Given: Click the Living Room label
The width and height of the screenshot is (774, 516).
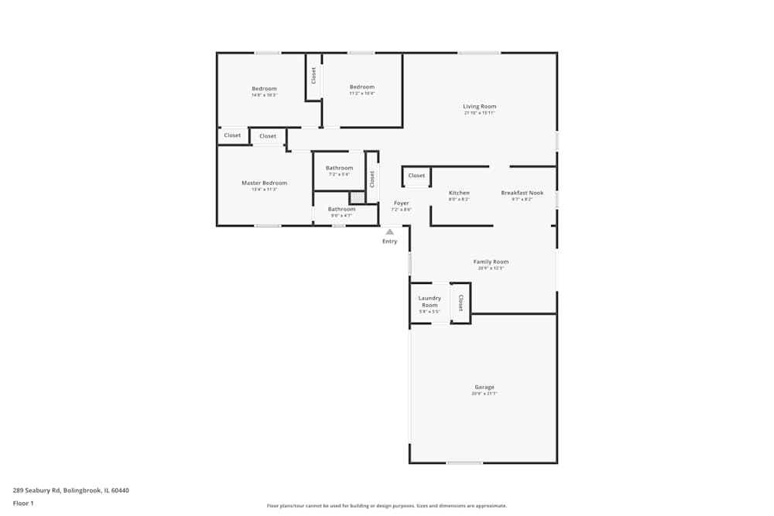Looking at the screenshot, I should click(479, 107).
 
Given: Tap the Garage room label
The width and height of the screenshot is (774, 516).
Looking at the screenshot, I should click(485, 387).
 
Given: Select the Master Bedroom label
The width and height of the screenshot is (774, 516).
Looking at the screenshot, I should click(264, 183).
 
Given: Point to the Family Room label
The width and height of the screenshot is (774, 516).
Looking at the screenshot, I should click(491, 262).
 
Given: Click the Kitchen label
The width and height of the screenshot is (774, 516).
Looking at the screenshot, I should click(459, 193).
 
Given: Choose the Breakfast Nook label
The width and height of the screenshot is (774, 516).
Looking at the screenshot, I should click(522, 193).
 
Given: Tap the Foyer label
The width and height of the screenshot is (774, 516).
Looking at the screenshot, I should click(401, 203).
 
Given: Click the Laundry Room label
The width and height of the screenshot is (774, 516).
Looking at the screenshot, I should click(430, 302).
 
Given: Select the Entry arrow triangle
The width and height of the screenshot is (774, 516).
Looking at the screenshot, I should click(390, 231).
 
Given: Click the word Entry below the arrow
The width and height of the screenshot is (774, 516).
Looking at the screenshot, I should click(390, 241).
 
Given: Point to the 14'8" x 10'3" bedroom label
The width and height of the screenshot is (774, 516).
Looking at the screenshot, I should click(264, 89).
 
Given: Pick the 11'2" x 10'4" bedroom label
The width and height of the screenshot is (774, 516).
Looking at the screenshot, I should click(361, 87).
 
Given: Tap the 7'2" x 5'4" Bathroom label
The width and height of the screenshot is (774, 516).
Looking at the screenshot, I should click(339, 168).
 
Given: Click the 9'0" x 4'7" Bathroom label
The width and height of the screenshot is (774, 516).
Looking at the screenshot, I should click(341, 209).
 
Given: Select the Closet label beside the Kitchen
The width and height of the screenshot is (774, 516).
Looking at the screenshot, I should click(416, 176).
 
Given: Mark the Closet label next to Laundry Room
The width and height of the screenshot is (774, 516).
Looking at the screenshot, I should click(461, 302).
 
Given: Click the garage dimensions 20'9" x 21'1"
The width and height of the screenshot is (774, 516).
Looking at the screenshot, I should click(485, 394).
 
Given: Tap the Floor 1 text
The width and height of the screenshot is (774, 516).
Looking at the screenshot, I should click(23, 503).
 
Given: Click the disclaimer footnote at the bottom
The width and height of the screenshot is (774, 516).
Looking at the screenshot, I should click(387, 506).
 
